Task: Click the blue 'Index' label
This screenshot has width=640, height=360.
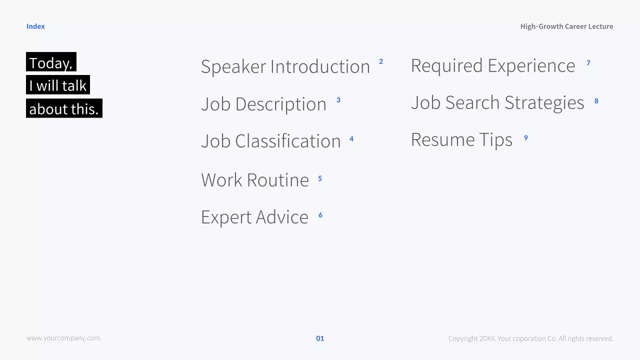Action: pos(35,26)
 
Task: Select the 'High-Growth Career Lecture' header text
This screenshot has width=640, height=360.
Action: pos(566,26)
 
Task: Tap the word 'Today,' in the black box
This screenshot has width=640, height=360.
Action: pos(51,63)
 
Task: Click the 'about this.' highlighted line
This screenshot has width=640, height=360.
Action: pos(64,108)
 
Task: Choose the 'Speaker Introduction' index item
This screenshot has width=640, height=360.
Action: pos(285,66)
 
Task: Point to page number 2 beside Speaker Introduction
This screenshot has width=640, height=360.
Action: pos(381,61)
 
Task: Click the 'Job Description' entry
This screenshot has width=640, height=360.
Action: pos(263,104)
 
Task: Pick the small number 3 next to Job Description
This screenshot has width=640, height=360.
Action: pos(338,100)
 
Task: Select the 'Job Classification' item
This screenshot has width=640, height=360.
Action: pos(270,141)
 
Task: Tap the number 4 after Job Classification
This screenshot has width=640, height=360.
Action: pos(351,139)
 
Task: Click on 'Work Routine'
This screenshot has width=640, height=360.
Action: pos(255,180)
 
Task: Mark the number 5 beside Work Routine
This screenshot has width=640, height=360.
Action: pos(320,178)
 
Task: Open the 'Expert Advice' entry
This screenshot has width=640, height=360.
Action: pos(254,217)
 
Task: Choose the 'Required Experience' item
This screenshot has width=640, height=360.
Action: pos(493,65)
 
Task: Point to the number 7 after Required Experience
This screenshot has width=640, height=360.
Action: pos(588,63)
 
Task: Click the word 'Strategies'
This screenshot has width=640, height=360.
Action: pos(544,103)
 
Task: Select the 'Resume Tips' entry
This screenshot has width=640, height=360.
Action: pos(461,140)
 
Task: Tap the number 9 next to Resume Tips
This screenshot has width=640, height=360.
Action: pos(525,138)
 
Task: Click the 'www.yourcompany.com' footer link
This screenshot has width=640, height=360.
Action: pos(63,338)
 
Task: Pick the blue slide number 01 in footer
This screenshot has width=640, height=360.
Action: pos(320,338)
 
